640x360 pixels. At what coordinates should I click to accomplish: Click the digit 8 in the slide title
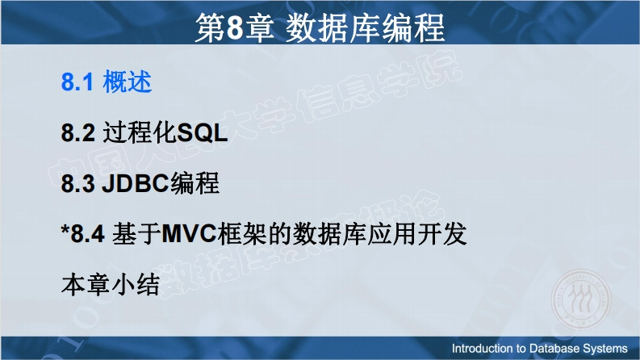tap(236, 27)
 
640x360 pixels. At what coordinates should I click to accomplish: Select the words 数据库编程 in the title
tap(365, 27)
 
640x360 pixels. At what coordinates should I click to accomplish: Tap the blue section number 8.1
tap(77, 82)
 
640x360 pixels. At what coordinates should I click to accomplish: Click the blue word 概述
tap(127, 82)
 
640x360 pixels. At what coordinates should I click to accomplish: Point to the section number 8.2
tap(78, 133)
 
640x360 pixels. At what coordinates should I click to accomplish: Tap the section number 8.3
tap(78, 183)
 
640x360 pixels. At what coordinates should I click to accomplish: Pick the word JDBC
tap(135, 183)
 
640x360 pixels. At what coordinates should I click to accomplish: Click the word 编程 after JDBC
tap(195, 183)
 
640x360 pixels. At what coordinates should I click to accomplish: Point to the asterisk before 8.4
tap(65, 229)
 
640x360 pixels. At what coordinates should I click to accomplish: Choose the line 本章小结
tap(111, 284)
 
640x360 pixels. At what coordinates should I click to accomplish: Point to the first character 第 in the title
tap(210, 27)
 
